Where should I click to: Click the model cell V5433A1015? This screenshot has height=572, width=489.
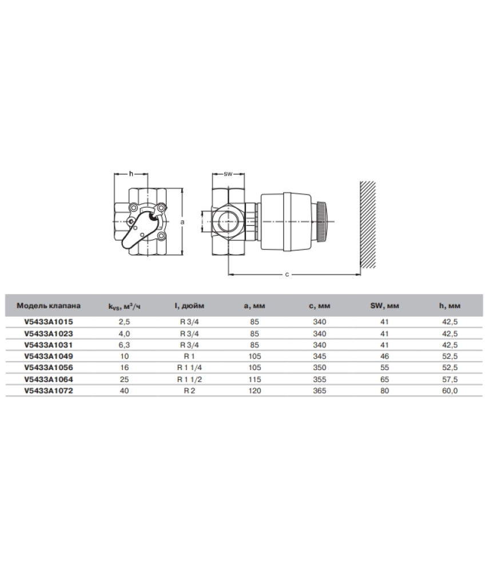49,321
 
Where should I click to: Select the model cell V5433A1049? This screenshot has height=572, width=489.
49,356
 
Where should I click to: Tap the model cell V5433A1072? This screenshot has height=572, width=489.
49,391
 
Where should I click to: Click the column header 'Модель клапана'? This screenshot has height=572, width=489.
49,305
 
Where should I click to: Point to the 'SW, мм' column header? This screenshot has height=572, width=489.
385,305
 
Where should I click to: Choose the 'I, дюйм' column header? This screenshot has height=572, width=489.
189,305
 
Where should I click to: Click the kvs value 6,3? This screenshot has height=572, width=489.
124,345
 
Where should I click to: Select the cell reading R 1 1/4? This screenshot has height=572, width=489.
189,368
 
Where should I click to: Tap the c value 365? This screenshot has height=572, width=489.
320,391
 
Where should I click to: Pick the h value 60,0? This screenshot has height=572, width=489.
450,391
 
